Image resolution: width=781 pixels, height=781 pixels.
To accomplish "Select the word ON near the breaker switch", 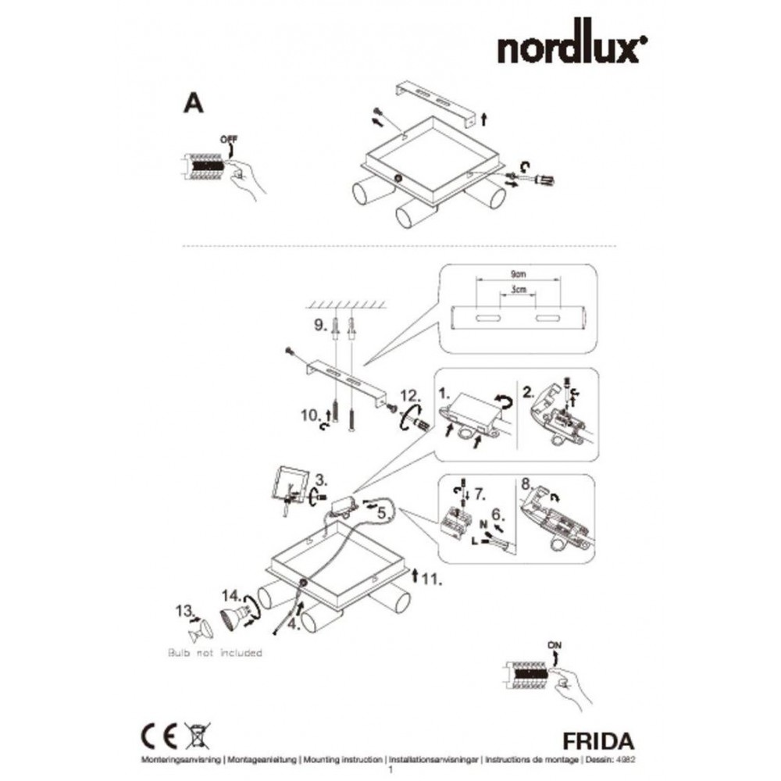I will [x=555, y=644].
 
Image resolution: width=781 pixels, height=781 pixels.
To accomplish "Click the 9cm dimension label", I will [x=515, y=275].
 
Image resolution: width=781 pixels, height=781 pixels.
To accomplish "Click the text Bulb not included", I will [x=215, y=652].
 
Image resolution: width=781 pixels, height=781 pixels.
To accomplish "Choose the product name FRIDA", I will [x=597, y=739].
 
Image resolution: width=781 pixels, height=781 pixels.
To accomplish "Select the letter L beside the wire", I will [x=474, y=538].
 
